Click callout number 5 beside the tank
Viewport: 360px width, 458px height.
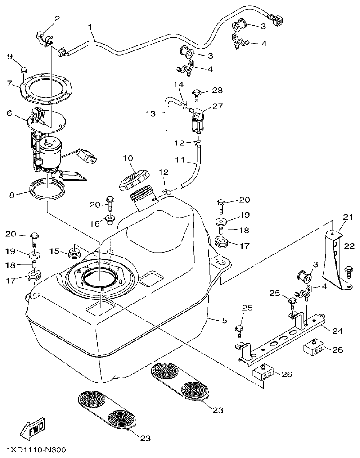coord(224,321)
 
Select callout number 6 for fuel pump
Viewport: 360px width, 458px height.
coord(9,114)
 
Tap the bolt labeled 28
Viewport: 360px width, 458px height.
coord(197,94)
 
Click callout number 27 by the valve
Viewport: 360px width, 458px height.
coord(218,107)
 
